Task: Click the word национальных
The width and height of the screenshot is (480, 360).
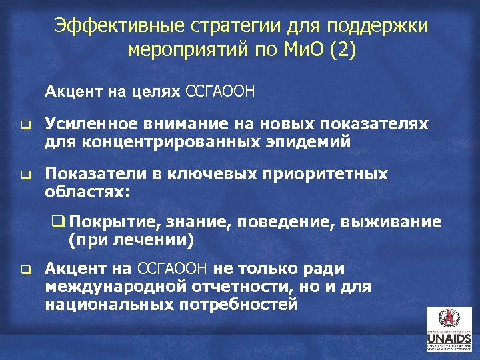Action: (x=106, y=304)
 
